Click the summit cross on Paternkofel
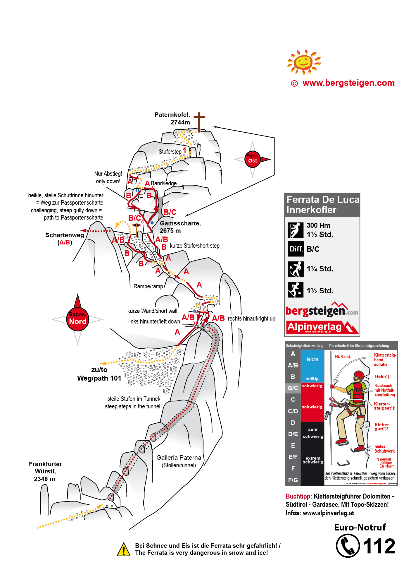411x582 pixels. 199,121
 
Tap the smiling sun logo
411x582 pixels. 304,62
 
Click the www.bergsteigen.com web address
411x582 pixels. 348,83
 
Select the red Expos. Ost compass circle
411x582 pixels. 252,159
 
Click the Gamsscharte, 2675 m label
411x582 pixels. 180,227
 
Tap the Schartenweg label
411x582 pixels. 65,235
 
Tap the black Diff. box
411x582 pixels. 296,249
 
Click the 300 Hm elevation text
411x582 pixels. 318,225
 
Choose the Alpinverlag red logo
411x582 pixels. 322,327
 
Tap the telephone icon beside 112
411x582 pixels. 348,546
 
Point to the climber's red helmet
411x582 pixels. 359,375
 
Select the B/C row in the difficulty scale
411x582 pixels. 293,388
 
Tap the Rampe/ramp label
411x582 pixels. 148,286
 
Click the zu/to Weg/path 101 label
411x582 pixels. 99,374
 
